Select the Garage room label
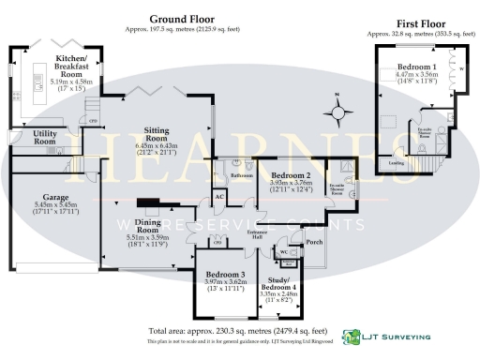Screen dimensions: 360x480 [52, 199]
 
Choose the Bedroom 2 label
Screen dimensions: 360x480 [291, 176]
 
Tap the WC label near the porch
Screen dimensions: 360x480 [282, 251]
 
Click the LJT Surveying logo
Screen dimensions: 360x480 [386, 335]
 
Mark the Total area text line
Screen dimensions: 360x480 [239, 331]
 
